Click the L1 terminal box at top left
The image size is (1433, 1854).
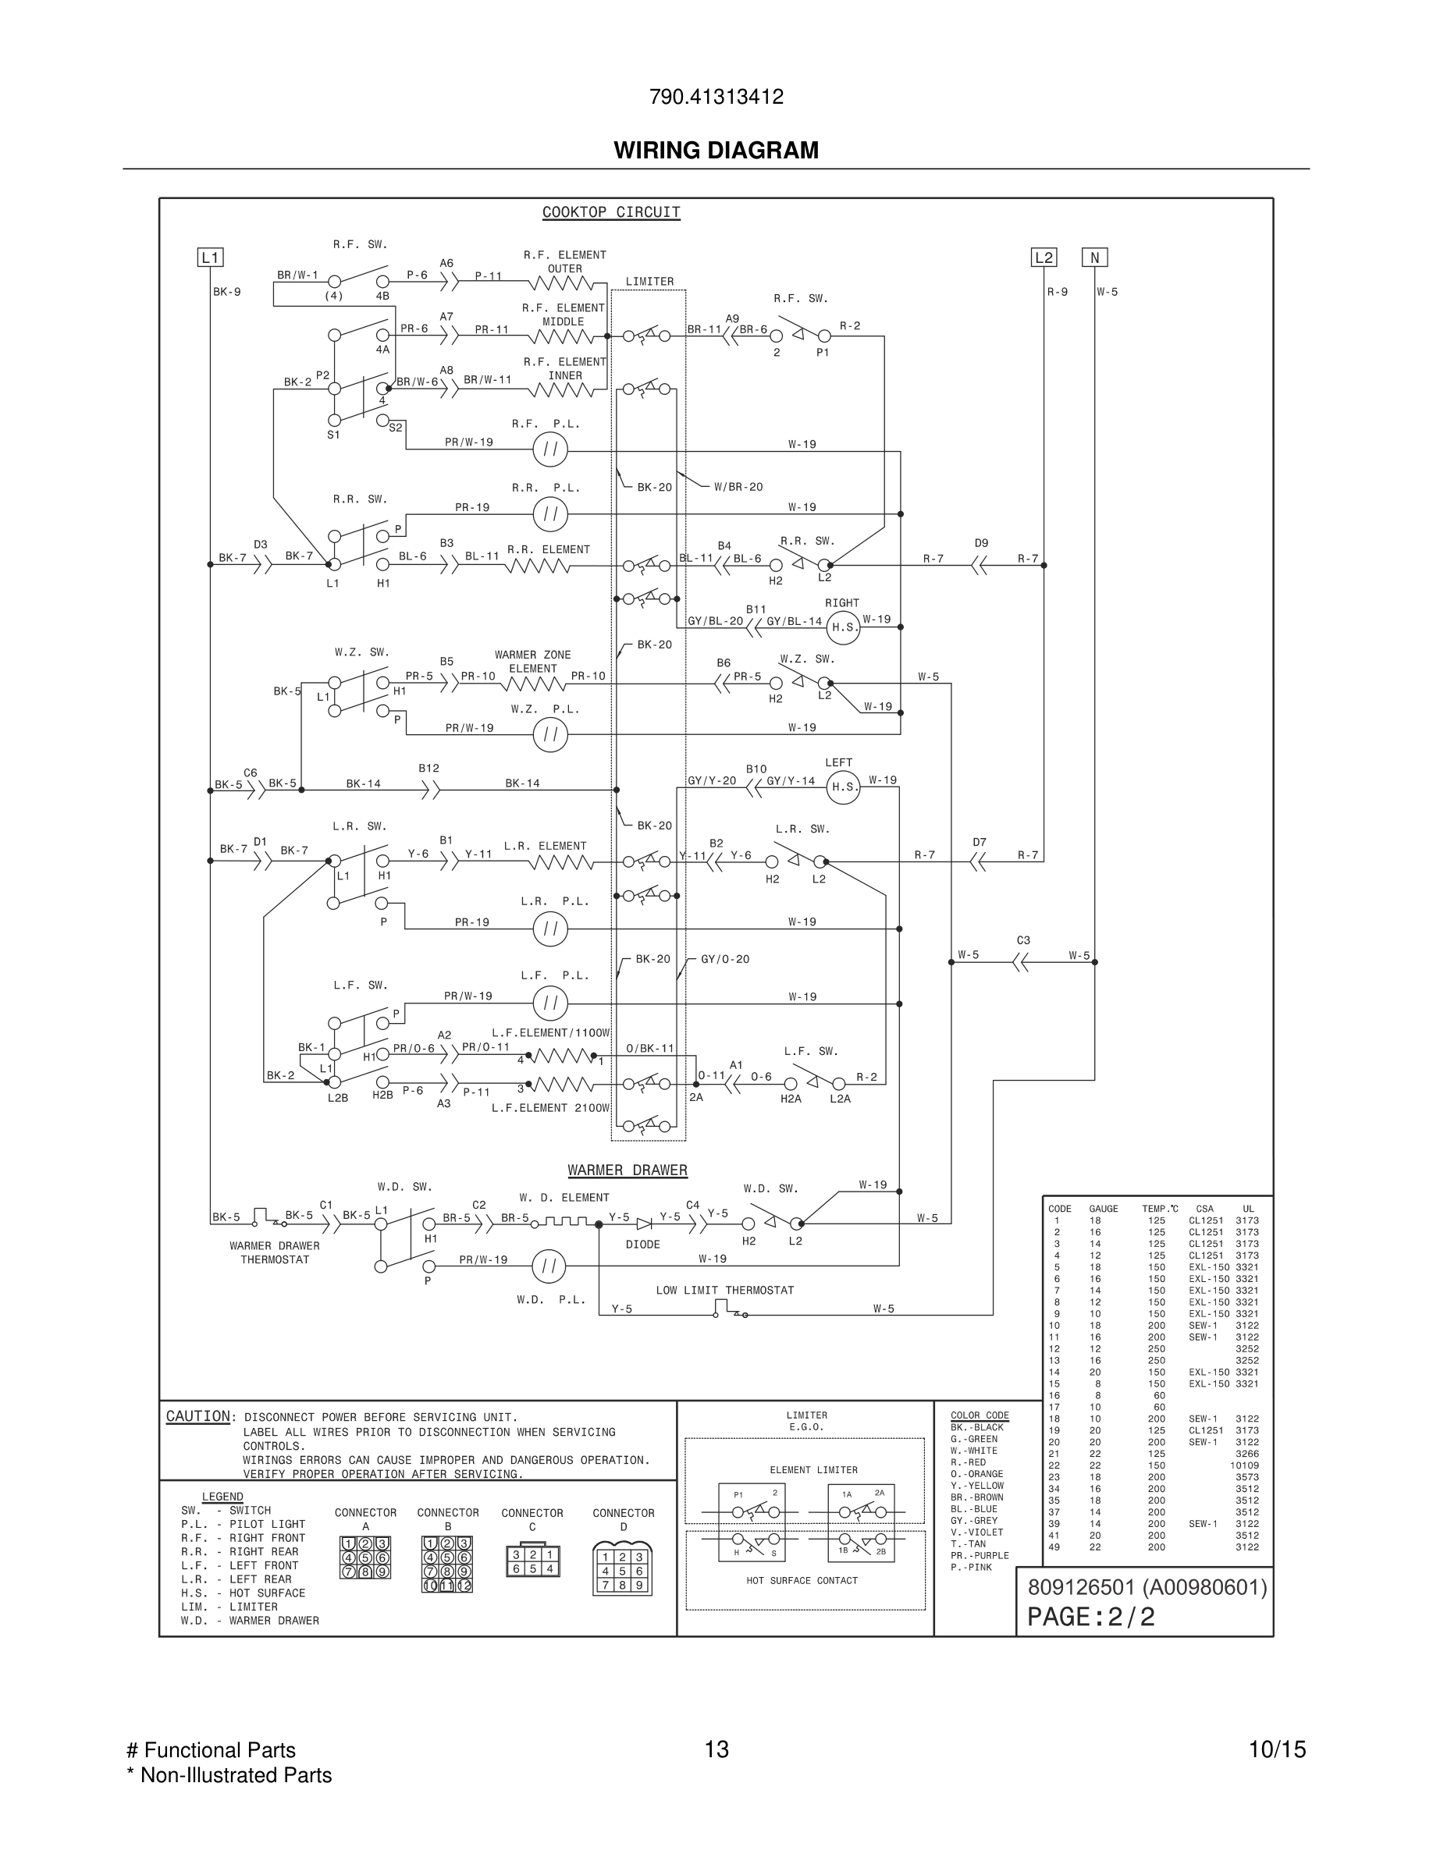[210, 257]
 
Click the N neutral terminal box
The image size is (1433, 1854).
[1094, 257]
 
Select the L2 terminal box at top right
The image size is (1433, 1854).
[1044, 257]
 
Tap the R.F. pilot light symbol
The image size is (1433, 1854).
[550, 450]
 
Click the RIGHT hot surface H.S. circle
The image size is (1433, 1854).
[843, 627]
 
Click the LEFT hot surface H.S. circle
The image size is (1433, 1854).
[843, 787]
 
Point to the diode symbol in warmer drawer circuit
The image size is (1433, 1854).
[643, 1224]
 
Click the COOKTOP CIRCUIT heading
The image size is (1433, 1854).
[611, 212]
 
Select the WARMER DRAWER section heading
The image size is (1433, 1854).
[628, 1170]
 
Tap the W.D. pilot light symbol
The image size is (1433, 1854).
[549, 1266]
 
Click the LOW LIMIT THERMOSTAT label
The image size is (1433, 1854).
[724, 1291]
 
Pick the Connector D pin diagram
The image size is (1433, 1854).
[622, 1571]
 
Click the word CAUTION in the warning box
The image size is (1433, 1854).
[197, 1417]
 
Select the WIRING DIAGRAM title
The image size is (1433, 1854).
[716, 151]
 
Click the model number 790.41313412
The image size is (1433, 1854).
[716, 97]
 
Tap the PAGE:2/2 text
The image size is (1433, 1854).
[1091, 1617]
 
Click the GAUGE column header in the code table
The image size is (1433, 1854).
[1103, 1209]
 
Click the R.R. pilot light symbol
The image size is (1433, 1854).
[550, 514]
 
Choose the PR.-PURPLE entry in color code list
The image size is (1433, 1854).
[979, 1556]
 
